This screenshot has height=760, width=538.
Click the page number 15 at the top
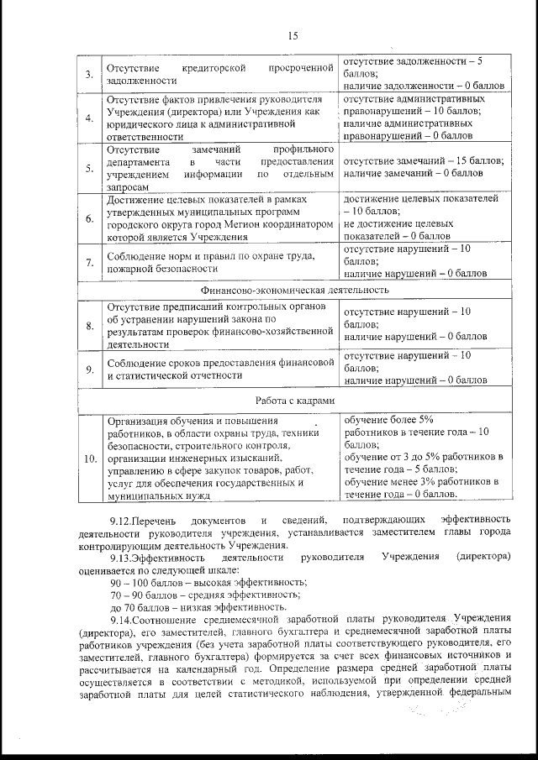(293, 35)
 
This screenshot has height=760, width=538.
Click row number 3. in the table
(88, 74)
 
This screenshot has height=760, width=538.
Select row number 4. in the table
(88, 118)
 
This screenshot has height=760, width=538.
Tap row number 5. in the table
(88, 168)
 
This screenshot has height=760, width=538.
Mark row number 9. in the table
(88, 369)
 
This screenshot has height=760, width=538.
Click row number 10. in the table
(89, 458)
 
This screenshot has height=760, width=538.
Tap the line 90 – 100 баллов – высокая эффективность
(201, 582)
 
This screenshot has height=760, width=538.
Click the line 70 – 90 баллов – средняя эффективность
(199, 595)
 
